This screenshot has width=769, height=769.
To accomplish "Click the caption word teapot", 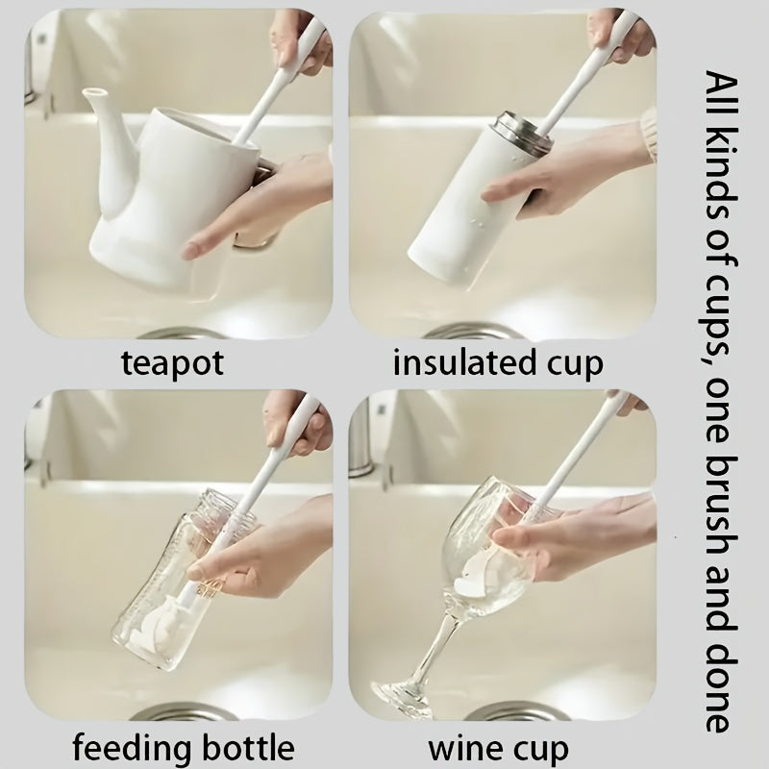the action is pyautogui.click(x=172, y=363).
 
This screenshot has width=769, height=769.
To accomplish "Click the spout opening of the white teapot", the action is pyautogui.click(x=93, y=91).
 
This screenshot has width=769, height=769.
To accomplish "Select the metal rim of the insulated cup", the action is pyautogui.click(x=524, y=134).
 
